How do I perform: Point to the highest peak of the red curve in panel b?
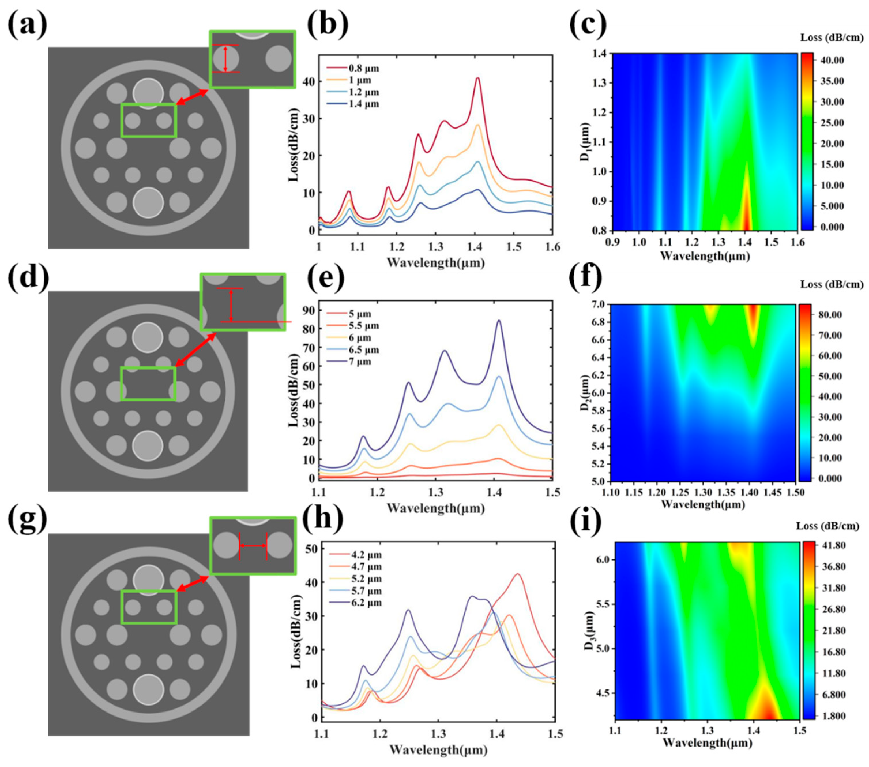tap(478, 78)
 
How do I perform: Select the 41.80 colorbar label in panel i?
tap(833, 545)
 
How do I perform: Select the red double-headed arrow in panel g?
tap(193, 583)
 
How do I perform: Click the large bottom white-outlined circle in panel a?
tap(148, 202)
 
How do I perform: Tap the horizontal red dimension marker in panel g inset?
tap(253, 546)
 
